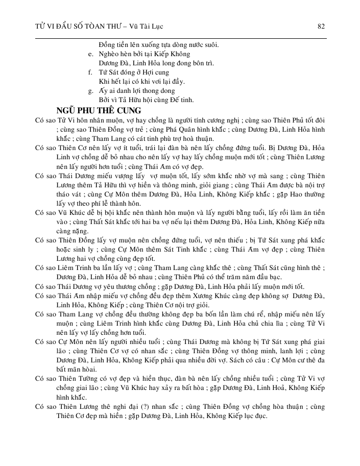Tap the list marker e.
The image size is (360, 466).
[x=90, y=54]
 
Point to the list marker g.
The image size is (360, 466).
[x=90, y=90]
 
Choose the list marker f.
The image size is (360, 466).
[x=90, y=72]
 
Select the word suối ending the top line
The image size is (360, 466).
[x=209, y=44]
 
